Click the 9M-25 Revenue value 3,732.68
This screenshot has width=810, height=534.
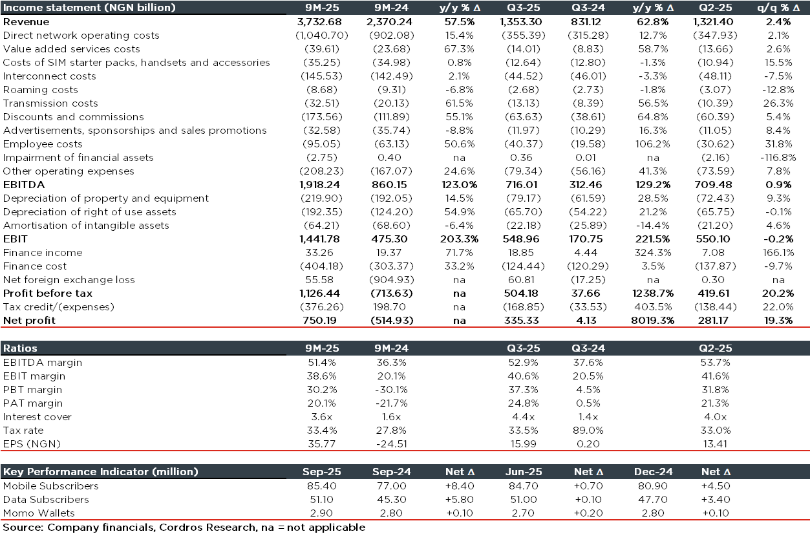(323, 22)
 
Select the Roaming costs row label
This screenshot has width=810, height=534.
(40, 90)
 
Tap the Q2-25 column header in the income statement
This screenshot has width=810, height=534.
(714, 8)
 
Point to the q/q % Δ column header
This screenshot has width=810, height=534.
(775, 8)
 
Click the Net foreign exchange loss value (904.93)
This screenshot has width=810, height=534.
(392, 280)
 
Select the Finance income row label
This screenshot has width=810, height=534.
(43, 253)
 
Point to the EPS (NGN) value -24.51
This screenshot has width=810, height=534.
(392, 444)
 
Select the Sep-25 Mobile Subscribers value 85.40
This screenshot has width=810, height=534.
(323, 486)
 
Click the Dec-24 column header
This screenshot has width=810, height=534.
(649, 472)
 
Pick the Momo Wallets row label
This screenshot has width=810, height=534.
(39, 513)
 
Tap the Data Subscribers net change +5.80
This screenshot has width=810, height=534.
(458, 500)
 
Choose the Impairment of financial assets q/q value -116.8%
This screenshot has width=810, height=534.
(775, 158)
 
